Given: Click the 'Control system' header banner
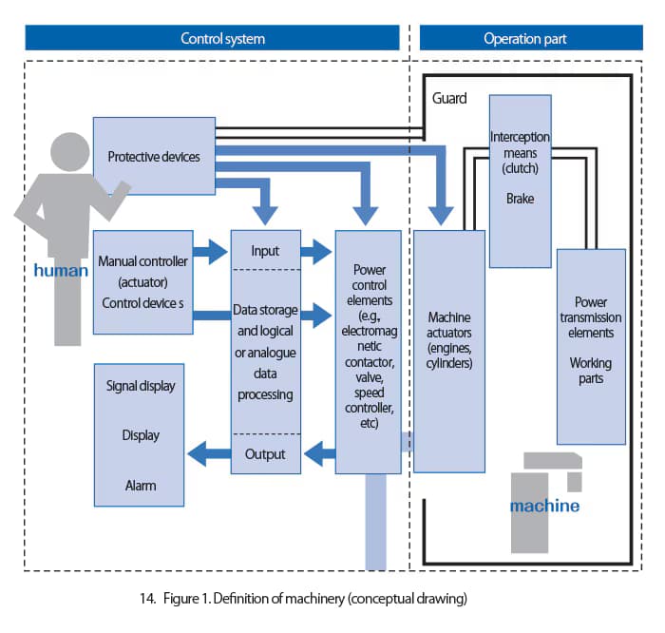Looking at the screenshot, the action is (x=212, y=38).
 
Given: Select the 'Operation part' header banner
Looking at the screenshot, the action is (x=531, y=38).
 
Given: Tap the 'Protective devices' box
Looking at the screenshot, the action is (x=154, y=156).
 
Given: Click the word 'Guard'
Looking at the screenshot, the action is (x=449, y=98).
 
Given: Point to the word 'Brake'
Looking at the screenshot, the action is (x=520, y=199).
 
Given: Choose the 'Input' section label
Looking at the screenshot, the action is (x=265, y=251).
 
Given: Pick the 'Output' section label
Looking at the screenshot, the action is (x=265, y=454).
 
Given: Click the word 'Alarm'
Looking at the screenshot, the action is (x=141, y=486).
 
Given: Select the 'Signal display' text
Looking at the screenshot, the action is (x=141, y=386).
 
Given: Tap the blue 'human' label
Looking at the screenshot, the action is (x=61, y=270).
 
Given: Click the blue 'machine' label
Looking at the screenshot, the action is (x=544, y=506).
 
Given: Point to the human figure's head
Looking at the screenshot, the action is (x=70, y=152).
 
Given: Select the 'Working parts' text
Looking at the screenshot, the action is (x=591, y=371).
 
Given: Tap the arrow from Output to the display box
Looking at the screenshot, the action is (x=209, y=453).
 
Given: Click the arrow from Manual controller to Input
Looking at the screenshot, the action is (x=210, y=252).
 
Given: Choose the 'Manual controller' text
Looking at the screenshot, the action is (x=142, y=261).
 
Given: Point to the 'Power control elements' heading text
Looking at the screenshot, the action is (x=370, y=285).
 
